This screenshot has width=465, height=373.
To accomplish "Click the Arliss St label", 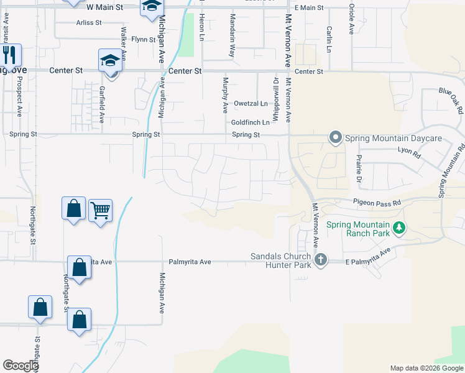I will [89, 22].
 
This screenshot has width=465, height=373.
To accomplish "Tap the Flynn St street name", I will [143, 39].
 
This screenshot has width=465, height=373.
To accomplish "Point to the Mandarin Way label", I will [232, 36].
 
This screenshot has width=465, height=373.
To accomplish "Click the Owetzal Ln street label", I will [251, 104].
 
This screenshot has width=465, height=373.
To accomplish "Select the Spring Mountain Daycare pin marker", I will [336, 137].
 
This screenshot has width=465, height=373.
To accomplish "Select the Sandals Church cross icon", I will [321, 260].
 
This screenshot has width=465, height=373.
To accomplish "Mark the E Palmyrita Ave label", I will [369, 257].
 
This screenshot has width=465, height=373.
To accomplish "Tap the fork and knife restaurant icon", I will [9, 55].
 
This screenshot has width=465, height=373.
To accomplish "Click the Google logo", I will [21, 366].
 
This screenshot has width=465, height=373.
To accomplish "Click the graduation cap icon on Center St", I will [110, 60].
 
